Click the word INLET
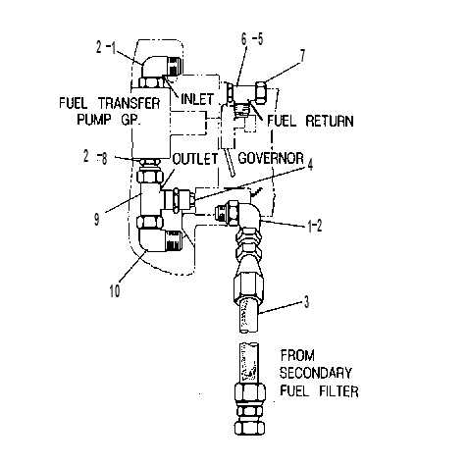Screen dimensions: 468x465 click(197, 99)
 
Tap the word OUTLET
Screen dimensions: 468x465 click(195, 159)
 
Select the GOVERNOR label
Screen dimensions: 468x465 click(271, 158)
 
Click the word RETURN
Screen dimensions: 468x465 click(330, 121)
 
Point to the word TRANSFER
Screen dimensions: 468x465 click(130, 103)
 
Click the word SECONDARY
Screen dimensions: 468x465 click(316, 373)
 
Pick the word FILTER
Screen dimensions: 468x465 click(338, 391)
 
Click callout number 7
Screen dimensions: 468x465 click(302, 55)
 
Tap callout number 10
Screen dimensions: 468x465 click(115, 290)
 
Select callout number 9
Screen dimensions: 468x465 click(97, 219)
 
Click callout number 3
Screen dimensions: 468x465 click(306, 302)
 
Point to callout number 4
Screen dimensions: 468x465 click(310, 165)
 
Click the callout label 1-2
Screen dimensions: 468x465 click(315, 226)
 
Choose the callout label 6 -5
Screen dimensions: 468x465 click(252, 39)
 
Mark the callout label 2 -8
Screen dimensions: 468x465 click(95, 158)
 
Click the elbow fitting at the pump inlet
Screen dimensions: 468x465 click(161, 72)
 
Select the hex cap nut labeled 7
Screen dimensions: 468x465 click(261, 92)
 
